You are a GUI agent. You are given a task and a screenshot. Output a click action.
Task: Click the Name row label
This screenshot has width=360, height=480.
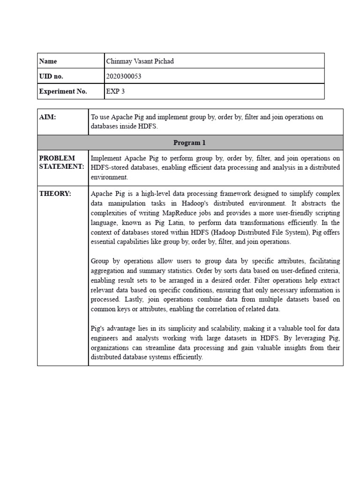coord(48,61)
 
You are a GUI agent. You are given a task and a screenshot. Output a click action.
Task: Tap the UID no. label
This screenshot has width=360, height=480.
coord(51,76)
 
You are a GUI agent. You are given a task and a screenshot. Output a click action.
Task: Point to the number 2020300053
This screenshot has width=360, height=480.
coord(124,76)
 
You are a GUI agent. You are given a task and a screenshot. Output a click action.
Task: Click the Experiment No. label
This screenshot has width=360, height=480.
coord(63,91)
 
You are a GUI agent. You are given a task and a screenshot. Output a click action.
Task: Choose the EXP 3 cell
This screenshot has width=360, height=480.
coord(116,91)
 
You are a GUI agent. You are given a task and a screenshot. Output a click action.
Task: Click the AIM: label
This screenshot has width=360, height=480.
coord(47,117)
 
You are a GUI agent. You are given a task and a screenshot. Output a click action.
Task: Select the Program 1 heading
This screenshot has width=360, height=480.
coord(189,142)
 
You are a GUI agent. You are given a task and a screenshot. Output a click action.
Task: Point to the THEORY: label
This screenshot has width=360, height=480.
coord(55,194)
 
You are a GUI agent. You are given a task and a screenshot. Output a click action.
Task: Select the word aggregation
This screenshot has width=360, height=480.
coord(107,270)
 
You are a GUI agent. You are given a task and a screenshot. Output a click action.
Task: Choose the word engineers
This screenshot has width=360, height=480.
coord(105,337)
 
